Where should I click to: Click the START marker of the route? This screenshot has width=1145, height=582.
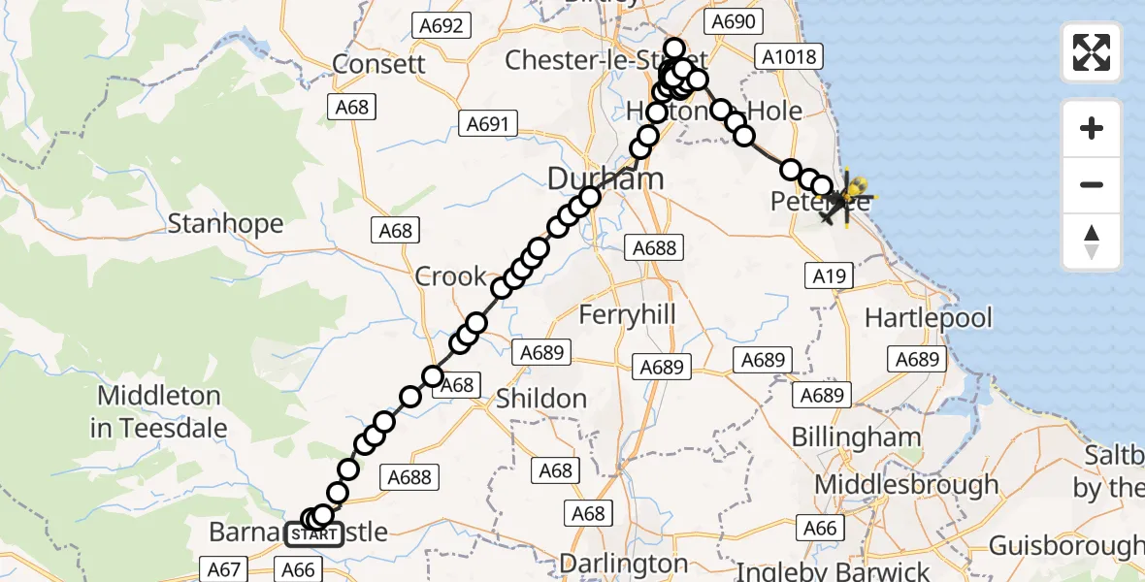[x=313, y=534]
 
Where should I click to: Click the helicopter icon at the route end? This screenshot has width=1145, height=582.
[x=843, y=197]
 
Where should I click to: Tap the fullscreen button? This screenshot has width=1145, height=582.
[x=1092, y=52]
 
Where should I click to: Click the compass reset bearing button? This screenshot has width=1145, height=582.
[x=1092, y=242]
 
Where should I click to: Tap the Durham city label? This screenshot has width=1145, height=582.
[x=605, y=178]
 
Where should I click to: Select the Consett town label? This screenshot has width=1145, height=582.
[x=378, y=64]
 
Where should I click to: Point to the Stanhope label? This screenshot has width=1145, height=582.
[x=225, y=224]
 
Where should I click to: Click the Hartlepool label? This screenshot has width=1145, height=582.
[x=929, y=317]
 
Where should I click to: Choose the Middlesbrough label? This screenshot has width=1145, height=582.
[x=907, y=484]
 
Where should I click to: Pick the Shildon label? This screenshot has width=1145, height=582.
[x=541, y=398]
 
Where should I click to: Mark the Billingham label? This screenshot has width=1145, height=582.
[x=856, y=436]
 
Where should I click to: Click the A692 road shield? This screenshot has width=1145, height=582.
[x=442, y=25]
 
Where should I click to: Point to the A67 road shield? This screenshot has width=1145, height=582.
[x=224, y=569]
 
